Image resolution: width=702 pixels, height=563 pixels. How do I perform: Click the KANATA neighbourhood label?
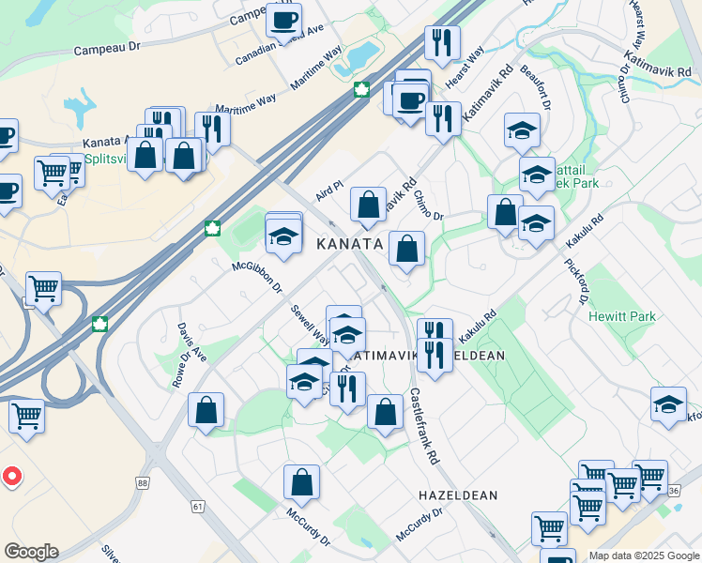349,244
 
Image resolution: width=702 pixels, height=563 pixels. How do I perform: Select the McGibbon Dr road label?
257,277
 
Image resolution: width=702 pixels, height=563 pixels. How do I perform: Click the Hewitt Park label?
622,317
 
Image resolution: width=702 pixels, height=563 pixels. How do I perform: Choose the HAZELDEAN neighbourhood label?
458,495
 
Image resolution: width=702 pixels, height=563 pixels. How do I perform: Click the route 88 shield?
142,482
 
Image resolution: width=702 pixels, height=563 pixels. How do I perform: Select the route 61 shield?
197,506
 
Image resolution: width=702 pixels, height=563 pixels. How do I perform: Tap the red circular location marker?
11,476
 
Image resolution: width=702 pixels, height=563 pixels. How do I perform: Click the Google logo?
31,552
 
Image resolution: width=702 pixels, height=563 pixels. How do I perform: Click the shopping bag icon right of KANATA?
406,250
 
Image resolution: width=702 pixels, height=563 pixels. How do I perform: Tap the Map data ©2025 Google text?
643,555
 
